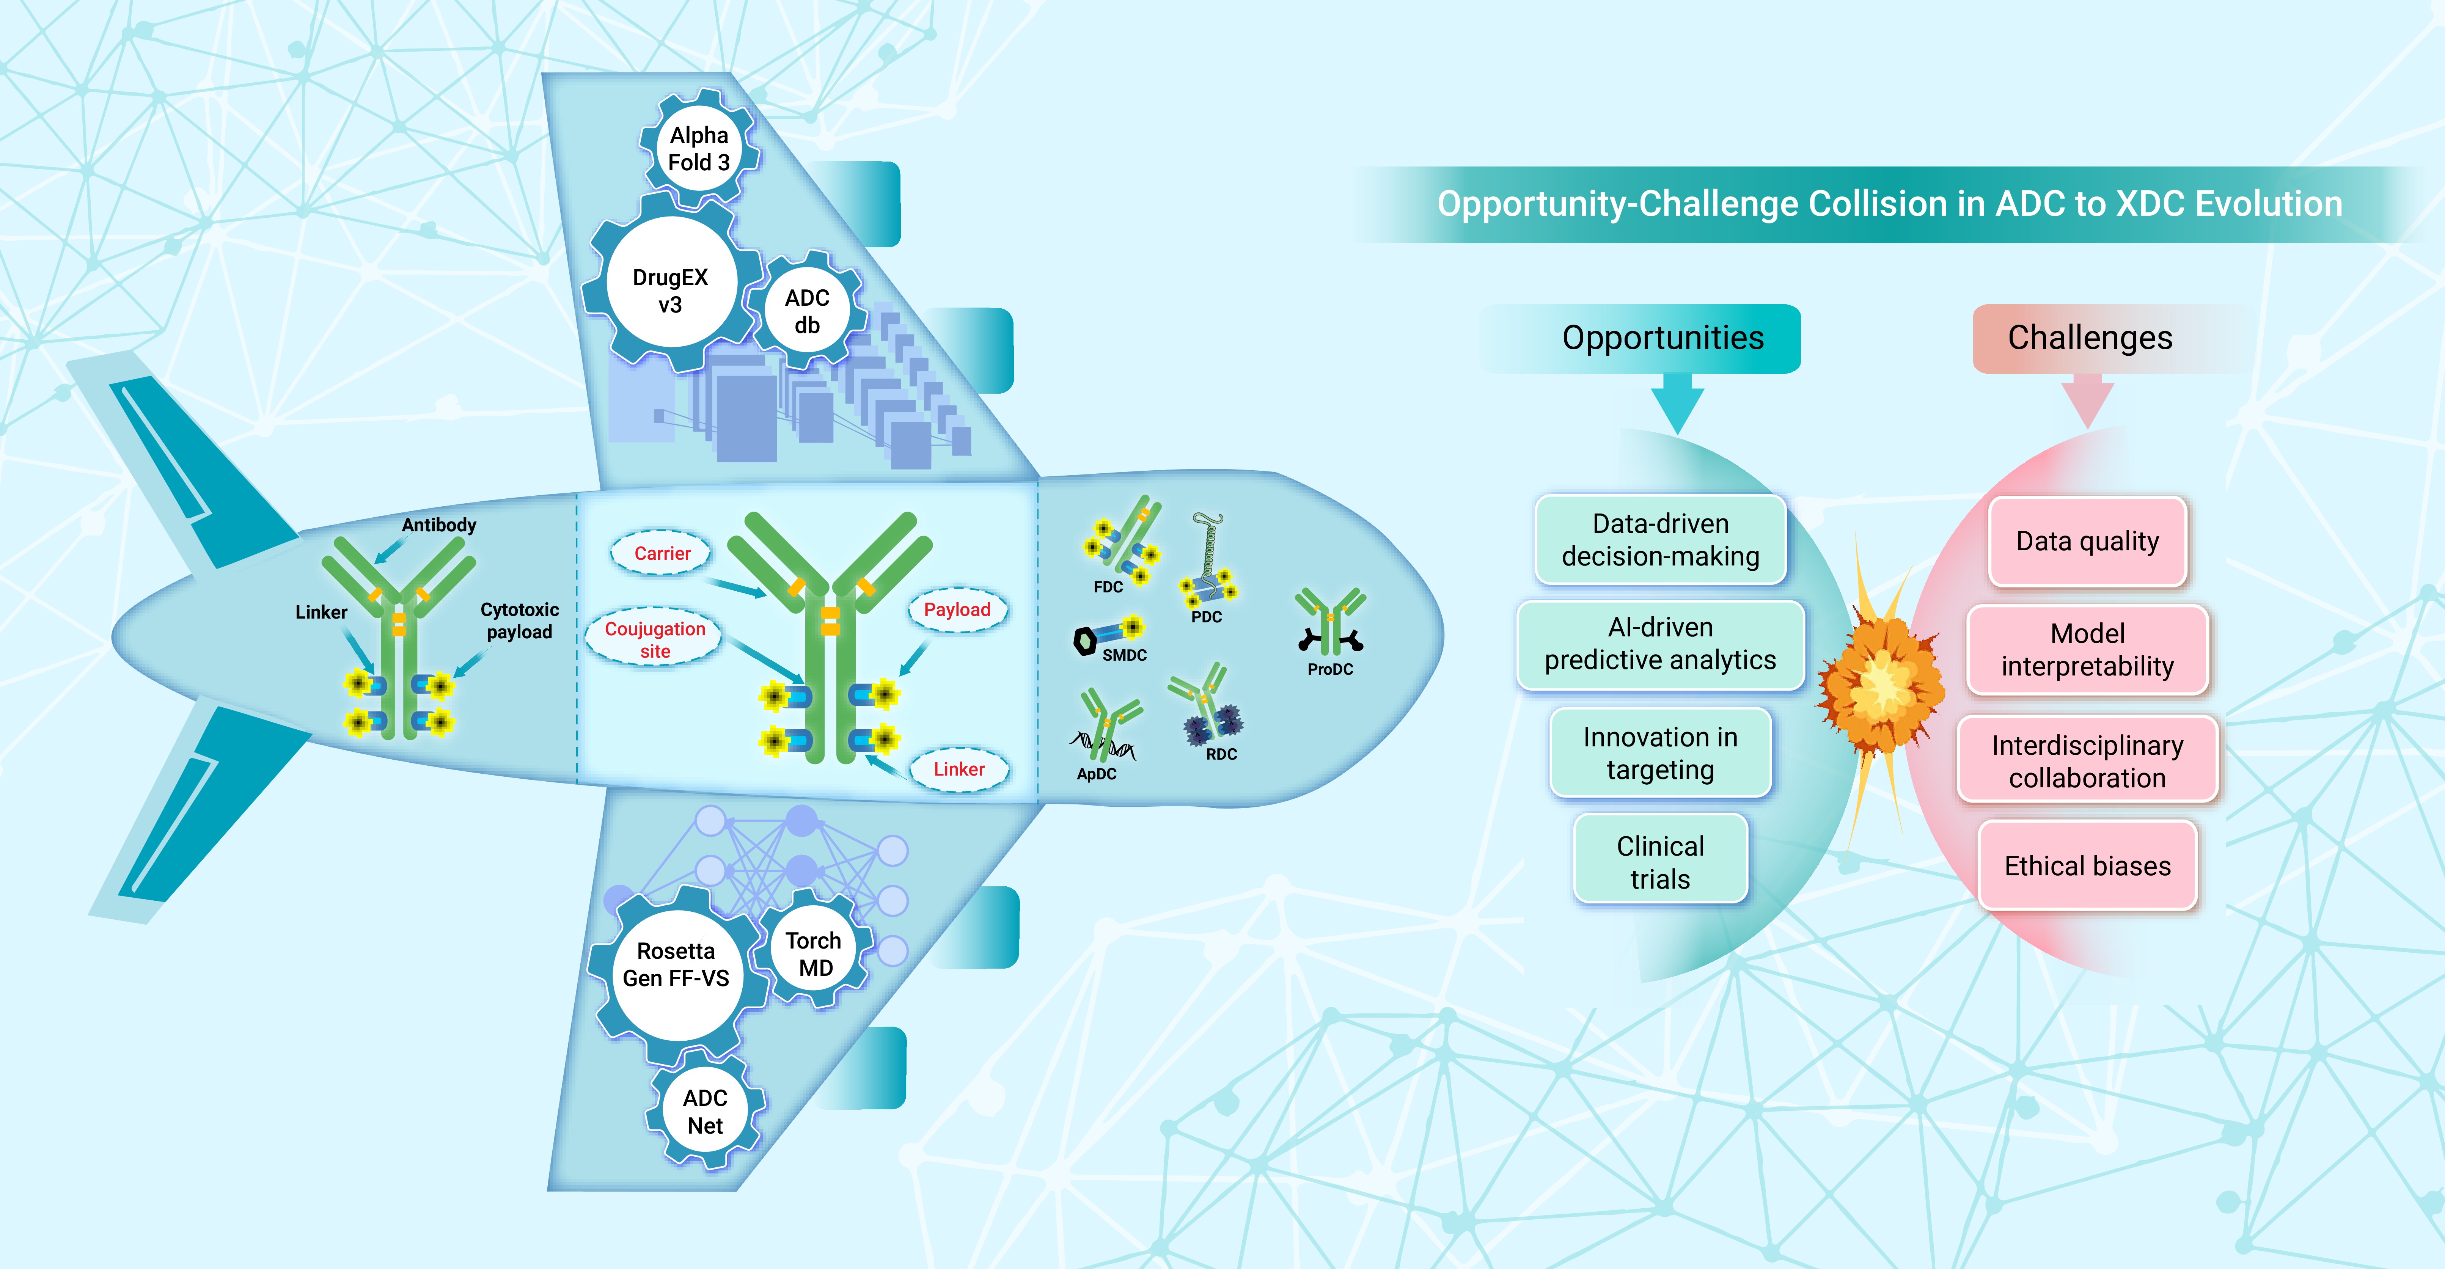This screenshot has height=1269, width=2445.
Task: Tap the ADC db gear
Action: [807, 311]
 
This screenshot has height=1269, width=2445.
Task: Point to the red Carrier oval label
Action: [662, 553]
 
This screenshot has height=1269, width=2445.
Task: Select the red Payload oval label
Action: [957, 609]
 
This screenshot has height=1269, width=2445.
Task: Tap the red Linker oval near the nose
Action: [959, 769]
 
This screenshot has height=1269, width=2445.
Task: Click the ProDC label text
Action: [1330, 669]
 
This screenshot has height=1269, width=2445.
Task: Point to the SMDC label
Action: [1124, 655]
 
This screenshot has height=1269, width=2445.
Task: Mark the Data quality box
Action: [2087, 541]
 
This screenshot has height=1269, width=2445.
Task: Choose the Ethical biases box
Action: [2087, 865]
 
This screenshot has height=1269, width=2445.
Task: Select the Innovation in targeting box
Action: [1660, 753]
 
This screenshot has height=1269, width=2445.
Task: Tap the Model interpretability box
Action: [2087, 650]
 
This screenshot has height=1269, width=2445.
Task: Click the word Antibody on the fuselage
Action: [438, 525]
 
